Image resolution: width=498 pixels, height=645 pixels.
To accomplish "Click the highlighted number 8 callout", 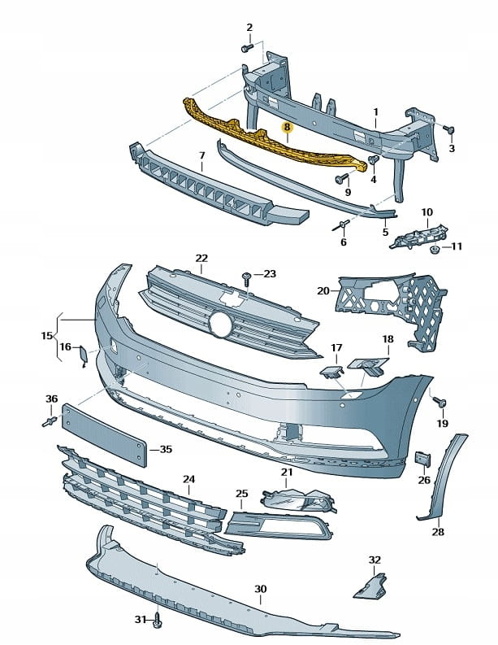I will (286, 128).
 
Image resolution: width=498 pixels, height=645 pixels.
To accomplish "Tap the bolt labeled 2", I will (246, 48).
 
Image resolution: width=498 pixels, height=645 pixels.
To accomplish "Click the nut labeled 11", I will (435, 247).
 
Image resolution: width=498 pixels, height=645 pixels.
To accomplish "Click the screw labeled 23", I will (246, 277).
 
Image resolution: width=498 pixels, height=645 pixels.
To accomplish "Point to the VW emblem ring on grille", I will (219, 323).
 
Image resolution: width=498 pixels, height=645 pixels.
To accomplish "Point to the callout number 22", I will (201, 259).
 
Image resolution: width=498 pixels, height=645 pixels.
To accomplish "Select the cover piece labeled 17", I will (331, 373).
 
